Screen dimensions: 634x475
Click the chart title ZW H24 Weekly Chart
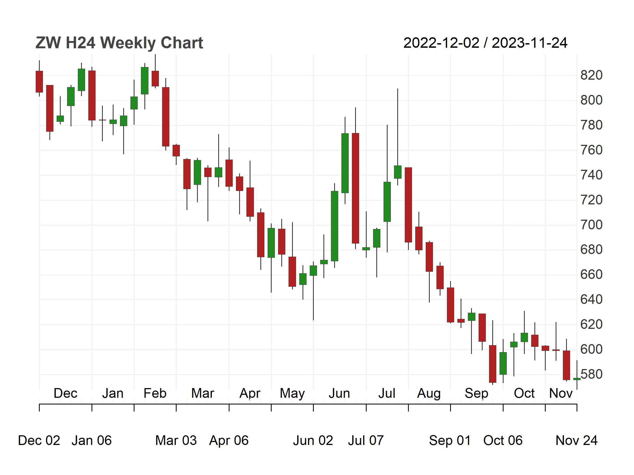119,43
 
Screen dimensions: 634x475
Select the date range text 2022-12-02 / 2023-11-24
485,43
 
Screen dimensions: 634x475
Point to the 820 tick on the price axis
591,75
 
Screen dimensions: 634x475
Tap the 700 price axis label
591,225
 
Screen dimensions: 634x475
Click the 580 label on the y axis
591,374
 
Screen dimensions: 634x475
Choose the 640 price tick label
591,300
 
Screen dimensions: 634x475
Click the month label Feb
155,393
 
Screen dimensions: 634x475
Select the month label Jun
339,393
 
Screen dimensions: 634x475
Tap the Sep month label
476,393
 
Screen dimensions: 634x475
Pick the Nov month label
561,393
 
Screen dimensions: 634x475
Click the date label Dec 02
39,440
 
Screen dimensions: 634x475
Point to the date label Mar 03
176,440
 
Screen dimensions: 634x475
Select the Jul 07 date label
366,440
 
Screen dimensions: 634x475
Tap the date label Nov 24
576,440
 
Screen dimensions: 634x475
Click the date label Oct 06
503,440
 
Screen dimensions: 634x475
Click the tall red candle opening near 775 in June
355,188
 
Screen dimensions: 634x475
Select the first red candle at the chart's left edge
39,82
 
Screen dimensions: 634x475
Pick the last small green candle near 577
577,379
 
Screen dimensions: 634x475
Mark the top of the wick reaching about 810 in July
398,89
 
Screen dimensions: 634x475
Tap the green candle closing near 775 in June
345,163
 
